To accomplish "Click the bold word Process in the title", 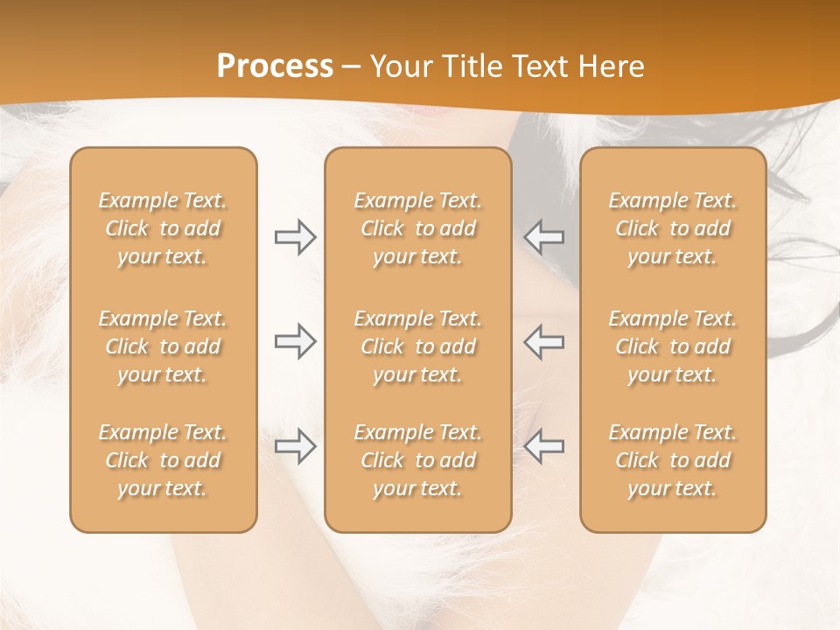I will (x=275, y=66).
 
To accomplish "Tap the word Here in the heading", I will (x=612, y=66).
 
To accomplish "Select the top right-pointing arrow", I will (x=295, y=237).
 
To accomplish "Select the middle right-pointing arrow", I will (x=295, y=341).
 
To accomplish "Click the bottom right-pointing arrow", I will (x=295, y=446).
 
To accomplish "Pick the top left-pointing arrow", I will (x=544, y=237).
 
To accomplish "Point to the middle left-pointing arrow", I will (x=544, y=341).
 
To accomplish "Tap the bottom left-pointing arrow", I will (x=544, y=446).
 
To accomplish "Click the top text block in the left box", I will (x=163, y=228).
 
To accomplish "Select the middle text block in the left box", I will (x=163, y=346).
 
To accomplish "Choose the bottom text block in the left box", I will (x=163, y=460).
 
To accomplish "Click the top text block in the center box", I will (x=417, y=228).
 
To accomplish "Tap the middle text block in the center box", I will (x=417, y=346).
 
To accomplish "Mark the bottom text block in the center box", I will (x=417, y=460).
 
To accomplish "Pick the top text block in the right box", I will (x=672, y=228).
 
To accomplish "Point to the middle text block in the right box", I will (x=672, y=346).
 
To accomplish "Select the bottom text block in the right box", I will (x=672, y=460).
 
